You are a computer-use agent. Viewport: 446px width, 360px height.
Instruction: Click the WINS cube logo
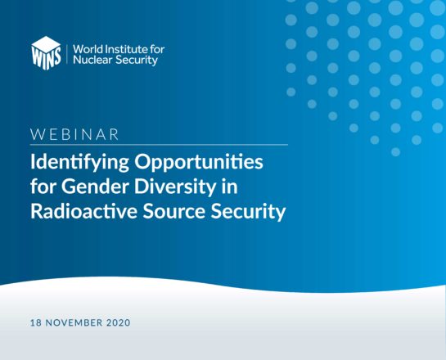(x=46, y=53)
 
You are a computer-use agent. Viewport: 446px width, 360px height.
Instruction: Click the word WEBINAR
(x=74, y=134)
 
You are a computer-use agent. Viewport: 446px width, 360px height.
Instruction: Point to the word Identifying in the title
(x=79, y=163)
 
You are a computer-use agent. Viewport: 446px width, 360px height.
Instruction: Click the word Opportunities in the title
(x=199, y=163)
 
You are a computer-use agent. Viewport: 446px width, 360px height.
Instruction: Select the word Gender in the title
(x=96, y=187)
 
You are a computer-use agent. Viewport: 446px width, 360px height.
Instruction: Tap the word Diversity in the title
(x=175, y=187)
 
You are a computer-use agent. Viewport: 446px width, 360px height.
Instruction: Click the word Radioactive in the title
(x=84, y=212)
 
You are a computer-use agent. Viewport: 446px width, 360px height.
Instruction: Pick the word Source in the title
(x=173, y=212)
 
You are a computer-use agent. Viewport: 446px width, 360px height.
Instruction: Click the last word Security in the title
(x=248, y=213)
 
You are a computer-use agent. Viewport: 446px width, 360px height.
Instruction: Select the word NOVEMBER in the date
(x=74, y=322)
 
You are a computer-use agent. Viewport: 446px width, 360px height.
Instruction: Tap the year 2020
(x=119, y=322)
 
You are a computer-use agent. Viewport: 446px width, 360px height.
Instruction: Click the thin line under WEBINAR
(x=159, y=145)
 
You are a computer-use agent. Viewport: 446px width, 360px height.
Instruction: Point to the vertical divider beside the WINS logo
(x=67, y=54)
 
